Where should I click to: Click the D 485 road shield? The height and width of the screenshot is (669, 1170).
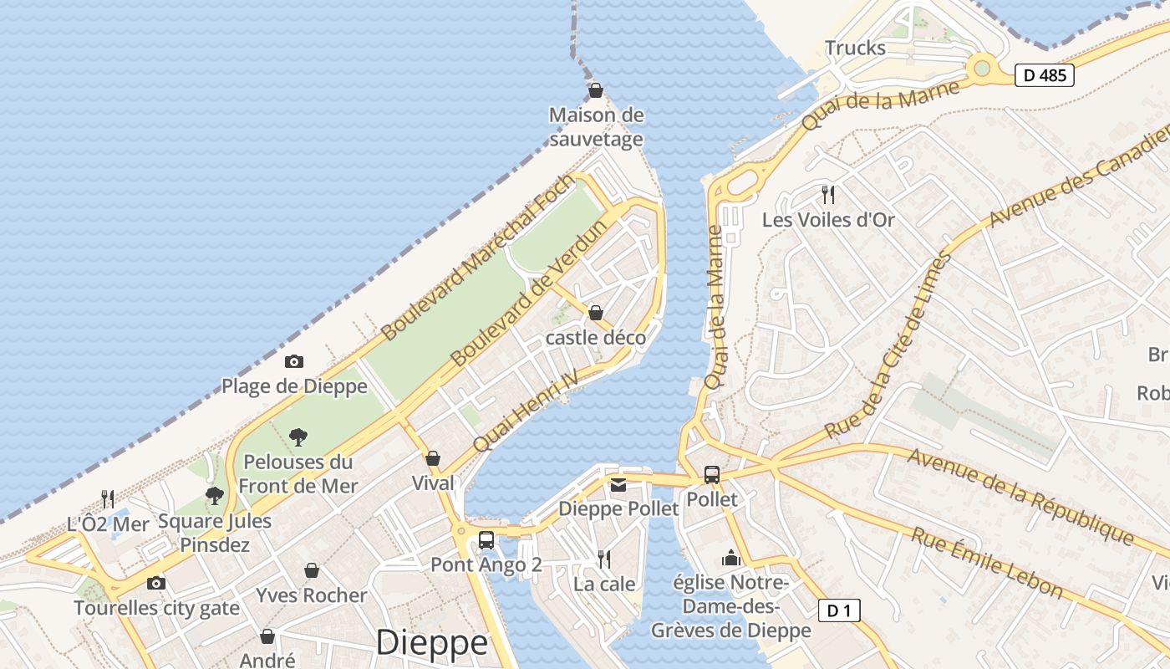click(x=1044, y=75)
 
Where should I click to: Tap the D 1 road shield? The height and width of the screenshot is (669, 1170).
click(x=838, y=610)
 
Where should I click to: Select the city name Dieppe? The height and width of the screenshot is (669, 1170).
click(x=431, y=642)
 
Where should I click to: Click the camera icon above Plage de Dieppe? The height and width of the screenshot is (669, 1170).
click(x=293, y=361)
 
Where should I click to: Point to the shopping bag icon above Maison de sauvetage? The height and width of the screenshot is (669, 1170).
click(x=596, y=89)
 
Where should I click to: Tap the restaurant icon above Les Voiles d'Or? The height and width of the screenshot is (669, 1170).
click(x=828, y=195)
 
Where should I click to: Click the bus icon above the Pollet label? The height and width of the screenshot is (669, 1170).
click(x=712, y=475)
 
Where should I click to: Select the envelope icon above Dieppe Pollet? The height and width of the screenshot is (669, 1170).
click(x=618, y=485)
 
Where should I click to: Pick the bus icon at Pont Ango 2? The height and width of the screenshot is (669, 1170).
click(x=486, y=540)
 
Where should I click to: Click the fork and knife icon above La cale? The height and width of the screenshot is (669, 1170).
click(x=603, y=559)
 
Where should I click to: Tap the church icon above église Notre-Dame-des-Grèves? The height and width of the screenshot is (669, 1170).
click(x=731, y=558)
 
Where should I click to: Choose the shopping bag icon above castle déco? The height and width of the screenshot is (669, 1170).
click(x=596, y=313)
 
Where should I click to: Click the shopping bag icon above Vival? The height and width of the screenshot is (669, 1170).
click(x=433, y=458)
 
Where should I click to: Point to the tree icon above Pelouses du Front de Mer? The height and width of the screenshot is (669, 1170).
click(x=298, y=437)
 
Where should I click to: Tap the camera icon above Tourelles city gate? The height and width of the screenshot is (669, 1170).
click(x=156, y=583)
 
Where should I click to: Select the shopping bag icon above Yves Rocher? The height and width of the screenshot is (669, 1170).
click(x=312, y=570)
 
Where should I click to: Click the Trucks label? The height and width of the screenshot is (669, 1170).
click(x=855, y=48)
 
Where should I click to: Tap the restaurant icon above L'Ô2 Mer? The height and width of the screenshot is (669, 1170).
click(x=108, y=499)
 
